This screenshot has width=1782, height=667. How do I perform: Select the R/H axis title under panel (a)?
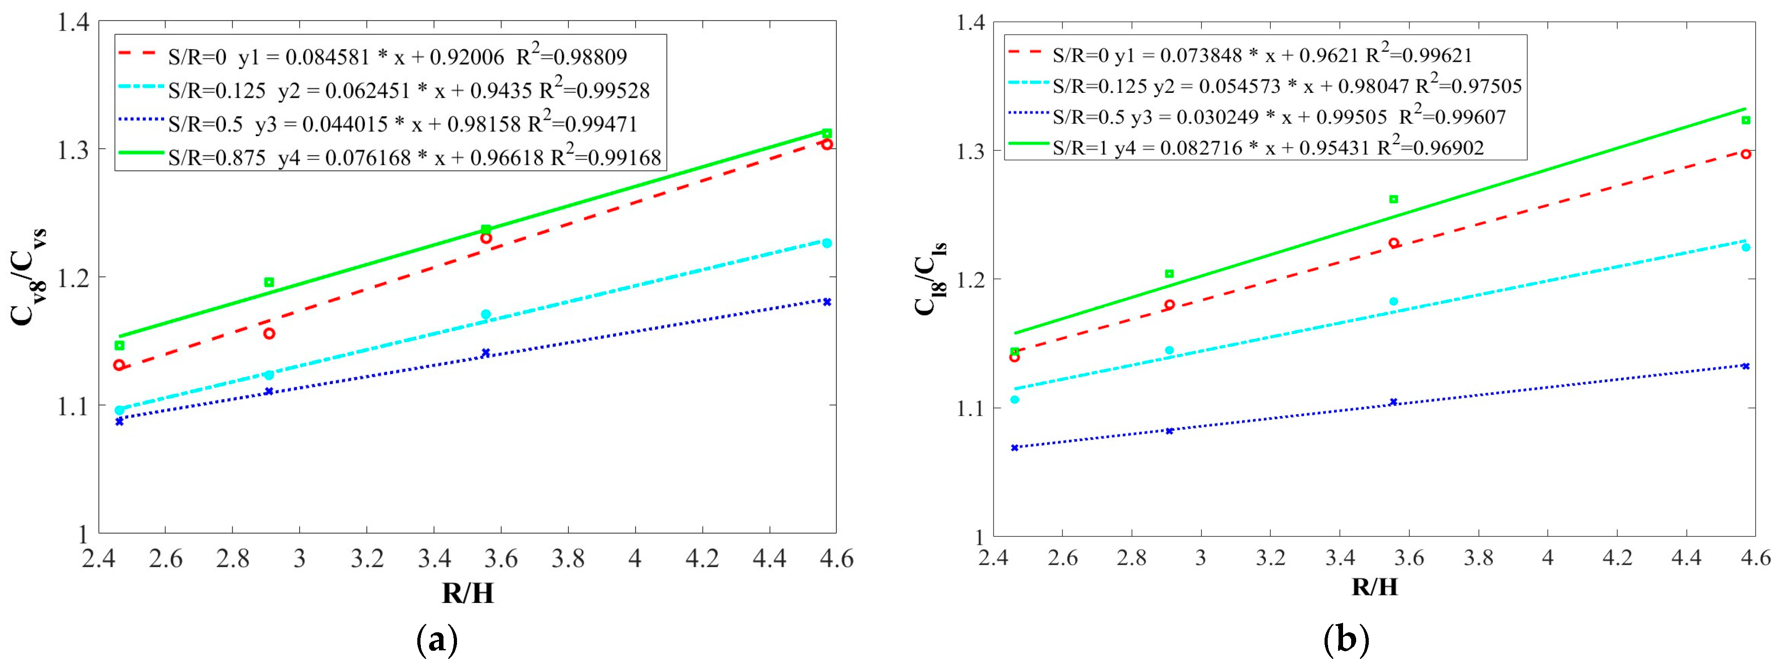tap(468, 593)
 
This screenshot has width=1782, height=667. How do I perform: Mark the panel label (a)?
tap(437, 641)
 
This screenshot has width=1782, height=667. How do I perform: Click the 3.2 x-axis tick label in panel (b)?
tap(1270, 557)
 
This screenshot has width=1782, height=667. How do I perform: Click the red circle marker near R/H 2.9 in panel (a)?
tap(269, 333)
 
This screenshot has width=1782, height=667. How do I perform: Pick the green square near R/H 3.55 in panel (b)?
tap(1394, 199)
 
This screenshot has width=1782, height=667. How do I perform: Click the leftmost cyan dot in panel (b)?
tap(1015, 399)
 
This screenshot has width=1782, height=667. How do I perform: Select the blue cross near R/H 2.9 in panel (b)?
tap(1170, 430)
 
